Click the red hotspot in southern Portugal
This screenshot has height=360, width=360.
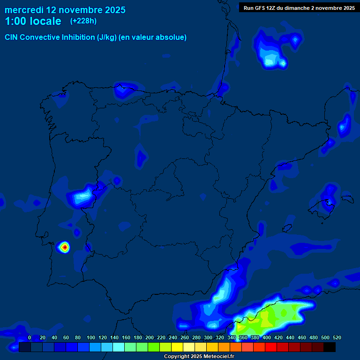[64, 247]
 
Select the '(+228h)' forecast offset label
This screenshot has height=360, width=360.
[83, 21]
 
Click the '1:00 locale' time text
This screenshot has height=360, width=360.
[33, 21]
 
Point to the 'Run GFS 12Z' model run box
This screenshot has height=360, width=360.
[299, 7]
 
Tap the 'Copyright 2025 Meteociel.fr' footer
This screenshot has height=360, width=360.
[199, 356]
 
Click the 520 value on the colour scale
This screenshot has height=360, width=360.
[337, 337]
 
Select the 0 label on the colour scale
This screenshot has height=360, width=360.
[30, 337]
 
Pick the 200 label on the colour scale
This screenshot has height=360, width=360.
[149, 337]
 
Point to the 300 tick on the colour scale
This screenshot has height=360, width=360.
[208, 337]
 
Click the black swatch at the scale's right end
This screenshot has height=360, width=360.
[329, 347]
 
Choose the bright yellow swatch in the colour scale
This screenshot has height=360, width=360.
[177, 347]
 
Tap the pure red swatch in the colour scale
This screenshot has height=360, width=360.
[271, 347]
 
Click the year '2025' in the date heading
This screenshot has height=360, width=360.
[112, 10]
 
